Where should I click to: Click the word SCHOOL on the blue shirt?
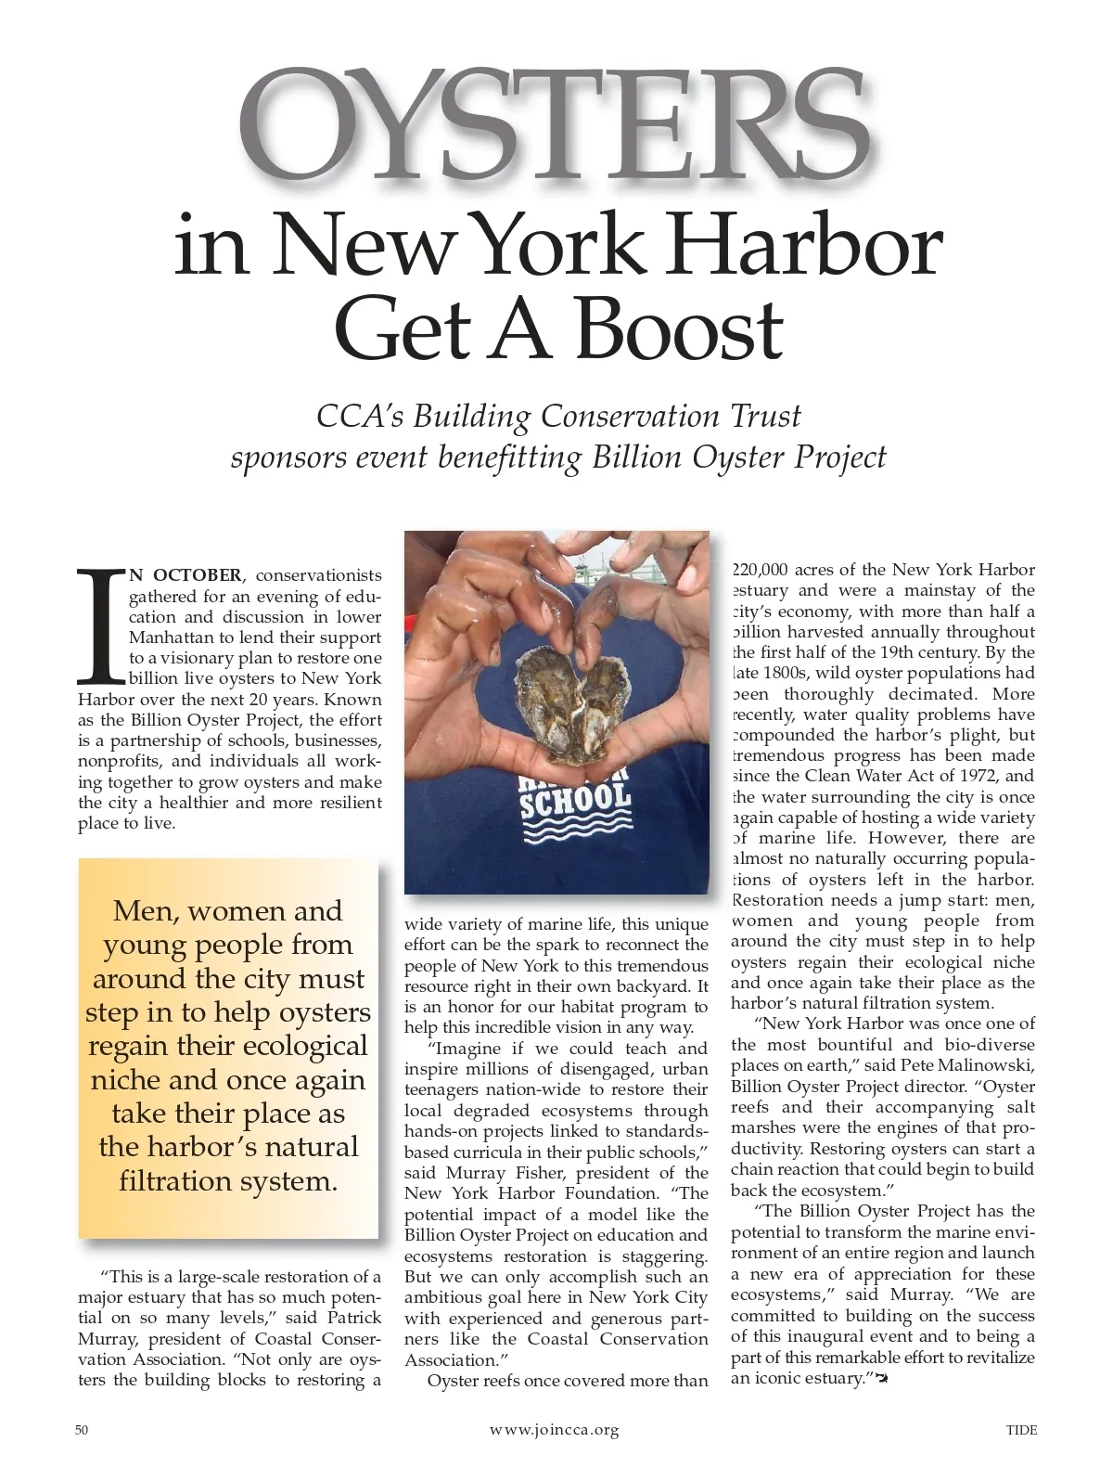(x=575, y=800)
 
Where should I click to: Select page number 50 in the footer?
(x=82, y=1430)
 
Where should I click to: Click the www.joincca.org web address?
(x=554, y=1430)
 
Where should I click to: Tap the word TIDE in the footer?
(x=1022, y=1430)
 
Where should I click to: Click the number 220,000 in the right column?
(x=761, y=570)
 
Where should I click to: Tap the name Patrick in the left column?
(x=351, y=1319)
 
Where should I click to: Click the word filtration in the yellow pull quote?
(x=185, y=1181)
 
